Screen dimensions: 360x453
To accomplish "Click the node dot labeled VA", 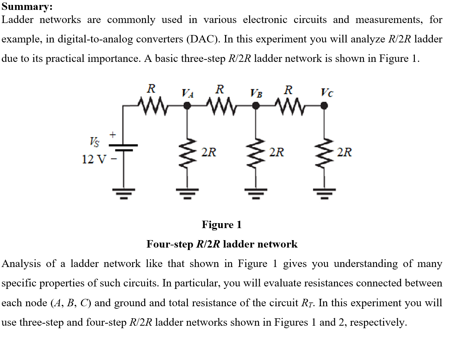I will pos(187,105).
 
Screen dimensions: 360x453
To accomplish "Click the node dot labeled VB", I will pos(256,105).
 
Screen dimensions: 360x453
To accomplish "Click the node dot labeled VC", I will pos(324,105).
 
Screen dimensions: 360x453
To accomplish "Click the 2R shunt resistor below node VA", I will pos(188,152).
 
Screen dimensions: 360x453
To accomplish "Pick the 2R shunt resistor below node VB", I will pos(256,152).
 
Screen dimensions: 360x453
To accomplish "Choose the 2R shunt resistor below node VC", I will pos(324,152).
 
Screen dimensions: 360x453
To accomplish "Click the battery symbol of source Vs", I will pos(123,147).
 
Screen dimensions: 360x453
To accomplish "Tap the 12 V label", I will pos(93,159).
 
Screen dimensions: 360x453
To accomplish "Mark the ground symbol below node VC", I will pos(324,193).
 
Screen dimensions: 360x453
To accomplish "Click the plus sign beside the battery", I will pos(112,134).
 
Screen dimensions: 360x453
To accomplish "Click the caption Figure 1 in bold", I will pos(222,225).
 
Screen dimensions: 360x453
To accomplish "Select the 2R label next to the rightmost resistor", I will pos(344,152).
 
